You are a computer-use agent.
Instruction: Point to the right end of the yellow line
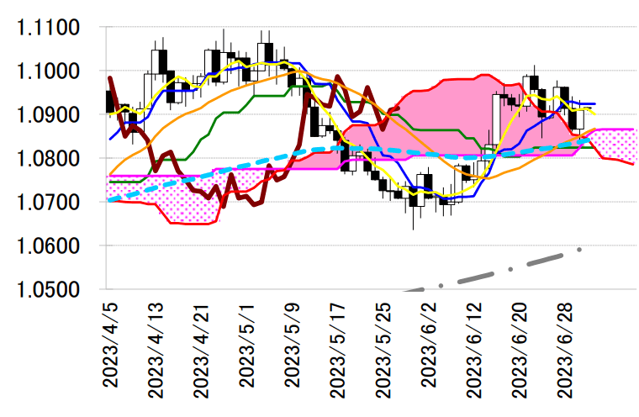tap(595, 115)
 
